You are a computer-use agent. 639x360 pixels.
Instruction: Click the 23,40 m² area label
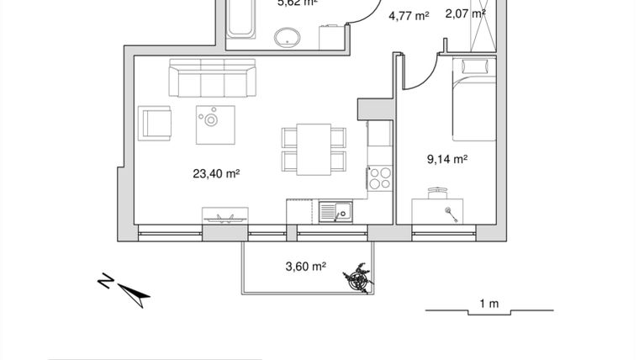(216, 174)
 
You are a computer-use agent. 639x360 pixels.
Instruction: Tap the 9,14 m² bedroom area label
(447, 157)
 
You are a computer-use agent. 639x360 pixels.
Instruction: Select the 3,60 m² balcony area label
(305, 267)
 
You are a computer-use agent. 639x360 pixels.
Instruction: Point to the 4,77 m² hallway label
(409, 14)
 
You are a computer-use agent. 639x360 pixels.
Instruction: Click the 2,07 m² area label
(465, 13)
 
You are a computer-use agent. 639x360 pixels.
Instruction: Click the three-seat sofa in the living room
(212, 77)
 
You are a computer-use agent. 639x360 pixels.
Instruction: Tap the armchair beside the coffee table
(156, 123)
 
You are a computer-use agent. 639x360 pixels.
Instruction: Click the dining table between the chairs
(314, 148)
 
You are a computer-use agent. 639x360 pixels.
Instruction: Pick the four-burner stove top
(380, 178)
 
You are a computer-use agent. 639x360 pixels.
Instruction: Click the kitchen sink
(336, 212)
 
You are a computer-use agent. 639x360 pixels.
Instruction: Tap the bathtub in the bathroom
(241, 17)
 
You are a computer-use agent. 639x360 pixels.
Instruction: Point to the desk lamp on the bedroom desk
(452, 212)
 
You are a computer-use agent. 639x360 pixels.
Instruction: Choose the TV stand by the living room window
(224, 215)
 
